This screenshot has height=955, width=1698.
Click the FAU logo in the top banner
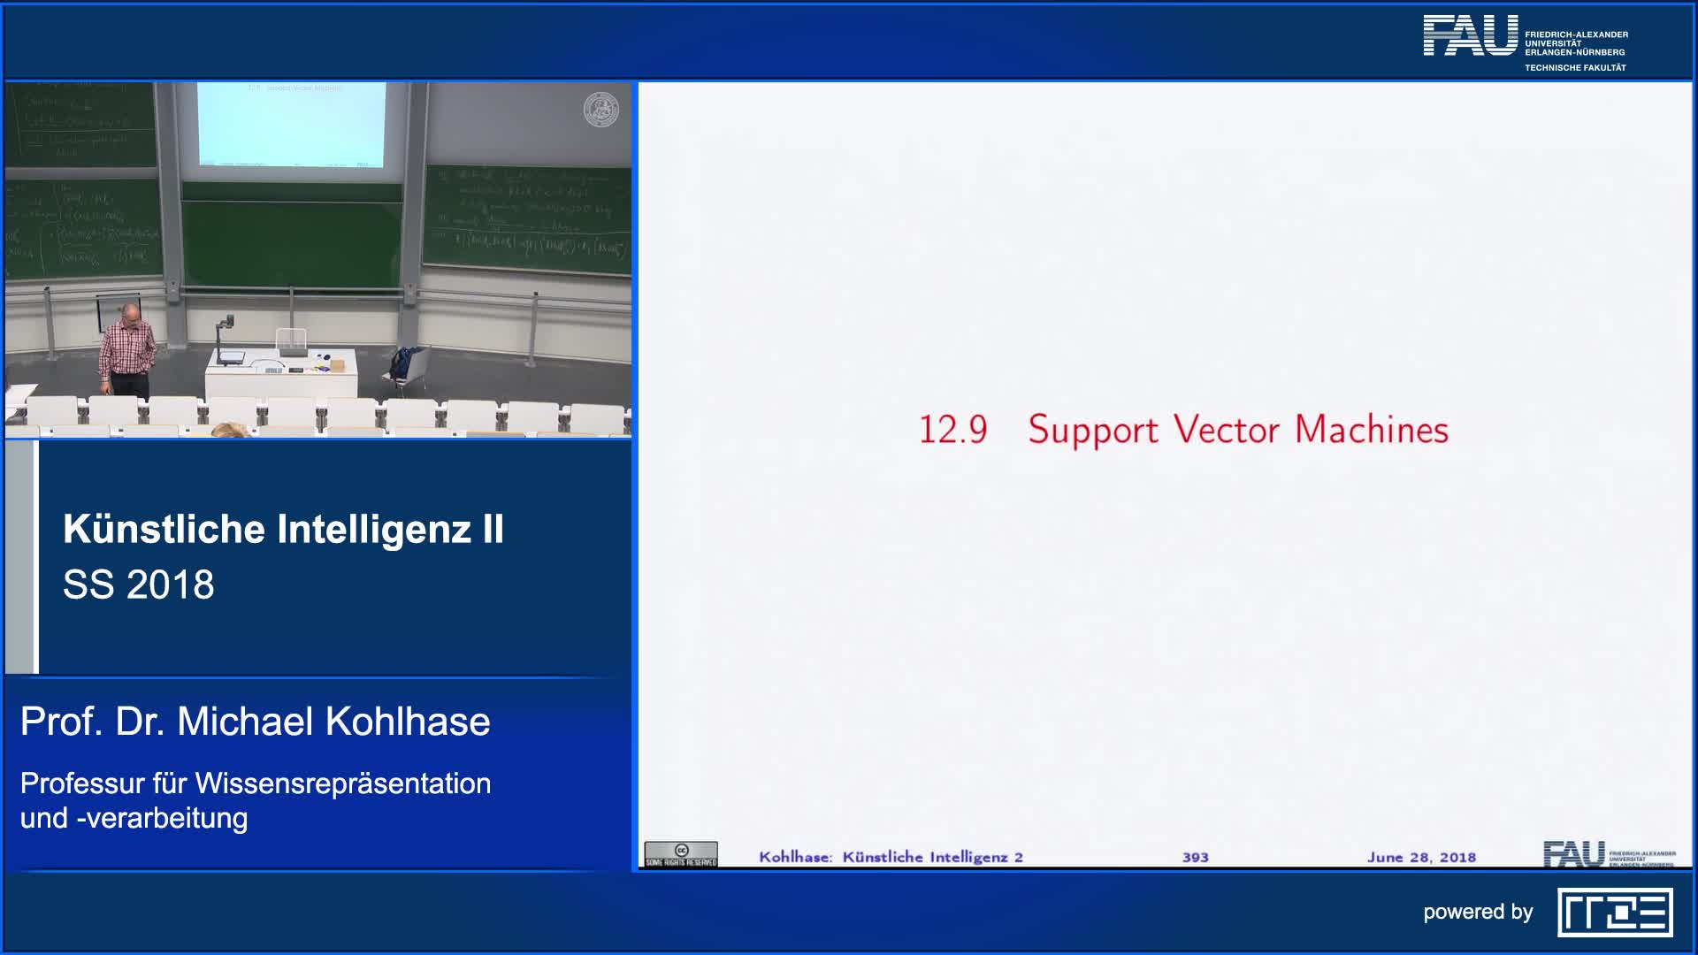click(x=1470, y=36)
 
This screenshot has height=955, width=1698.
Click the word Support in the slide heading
click(x=1092, y=431)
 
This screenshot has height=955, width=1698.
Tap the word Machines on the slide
click(x=1372, y=430)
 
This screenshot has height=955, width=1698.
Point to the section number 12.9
click(x=952, y=431)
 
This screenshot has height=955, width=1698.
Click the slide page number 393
click(x=1195, y=857)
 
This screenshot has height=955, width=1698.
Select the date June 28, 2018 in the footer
click(x=1421, y=857)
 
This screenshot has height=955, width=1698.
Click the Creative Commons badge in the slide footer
click(x=680, y=854)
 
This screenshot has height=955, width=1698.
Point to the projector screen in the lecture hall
click(x=291, y=124)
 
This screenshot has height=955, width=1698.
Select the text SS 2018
click(x=139, y=584)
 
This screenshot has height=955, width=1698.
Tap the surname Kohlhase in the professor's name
click(x=408, y=722)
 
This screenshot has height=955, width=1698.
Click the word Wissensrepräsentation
click(x=343, y=783)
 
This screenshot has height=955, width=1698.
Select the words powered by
click(x=1478, y=912)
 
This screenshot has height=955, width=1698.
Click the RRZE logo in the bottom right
click(x=1615, y=913)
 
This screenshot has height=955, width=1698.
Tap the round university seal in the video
click(x=601, y=110)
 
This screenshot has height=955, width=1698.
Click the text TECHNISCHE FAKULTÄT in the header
click(x=1575, y=68)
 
